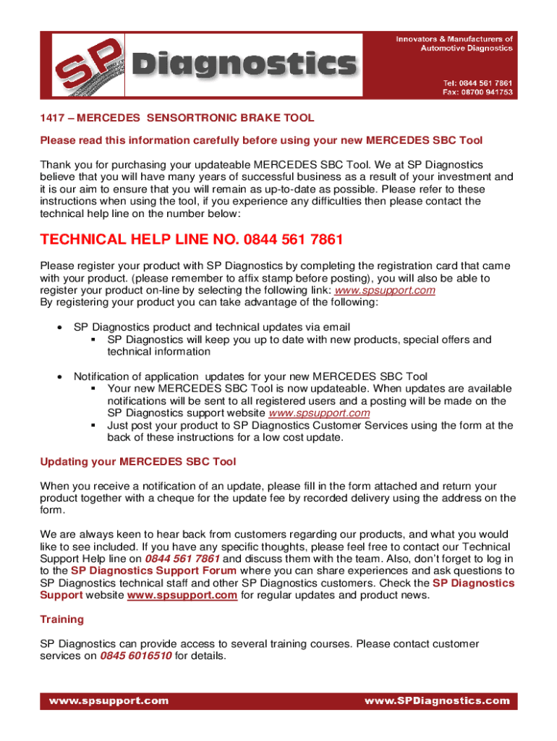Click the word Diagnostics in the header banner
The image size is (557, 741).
coord(245,64)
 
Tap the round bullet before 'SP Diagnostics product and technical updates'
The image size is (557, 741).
coord(59,327)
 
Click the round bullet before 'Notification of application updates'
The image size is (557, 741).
coord(59,376)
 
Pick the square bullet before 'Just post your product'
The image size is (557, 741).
coord(93,425)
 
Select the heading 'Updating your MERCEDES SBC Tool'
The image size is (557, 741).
coord(137,462)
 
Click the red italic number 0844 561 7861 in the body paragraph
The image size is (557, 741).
coord(182,559)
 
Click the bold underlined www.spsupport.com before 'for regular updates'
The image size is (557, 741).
coord(182,596)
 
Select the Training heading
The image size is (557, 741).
coord(62,619)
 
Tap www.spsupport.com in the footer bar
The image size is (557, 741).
coord(109,700)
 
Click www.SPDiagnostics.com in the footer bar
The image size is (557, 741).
coord(437,700)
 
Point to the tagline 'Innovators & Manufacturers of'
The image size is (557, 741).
coord(454,39)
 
